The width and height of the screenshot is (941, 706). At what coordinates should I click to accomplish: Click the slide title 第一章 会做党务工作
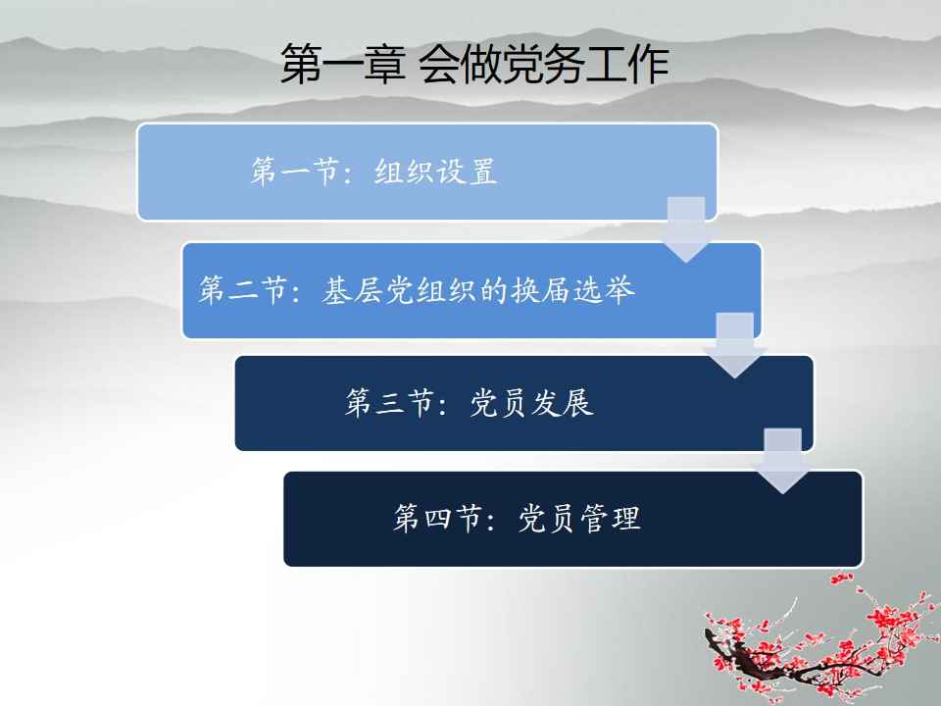tap(474, 64)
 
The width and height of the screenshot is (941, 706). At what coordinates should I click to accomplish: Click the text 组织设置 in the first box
tap(435, 172)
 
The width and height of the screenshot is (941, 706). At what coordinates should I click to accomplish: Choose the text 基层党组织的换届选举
tap(477, 290)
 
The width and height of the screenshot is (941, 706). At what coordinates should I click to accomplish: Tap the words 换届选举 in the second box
tap(571, 290)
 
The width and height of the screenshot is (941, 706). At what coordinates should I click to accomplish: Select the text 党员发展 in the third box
tap(531, 402)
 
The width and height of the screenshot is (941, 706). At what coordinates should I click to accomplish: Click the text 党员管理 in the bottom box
tap(579, 518)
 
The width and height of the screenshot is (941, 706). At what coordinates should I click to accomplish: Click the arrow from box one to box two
tap(686, 229)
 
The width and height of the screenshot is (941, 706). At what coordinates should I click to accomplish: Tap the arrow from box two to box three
tap(735, 345)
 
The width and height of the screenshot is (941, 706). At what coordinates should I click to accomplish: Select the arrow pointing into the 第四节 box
tap(782, 461)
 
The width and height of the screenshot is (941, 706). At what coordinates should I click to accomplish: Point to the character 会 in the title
tap(439, 64)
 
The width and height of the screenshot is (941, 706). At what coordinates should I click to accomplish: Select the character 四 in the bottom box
tap(437, 518)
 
